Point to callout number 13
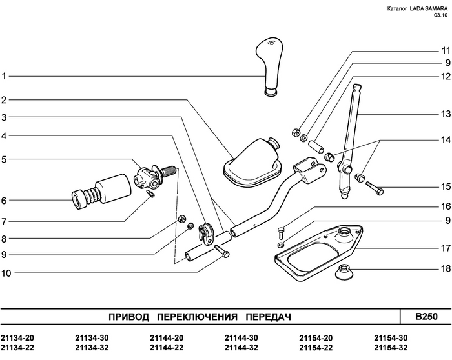pos(444,114)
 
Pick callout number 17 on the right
pos(444,248)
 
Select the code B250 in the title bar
pos(426,317)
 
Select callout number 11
pos(444,50)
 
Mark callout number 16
pos(444,207)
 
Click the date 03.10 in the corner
pos(440,16)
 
